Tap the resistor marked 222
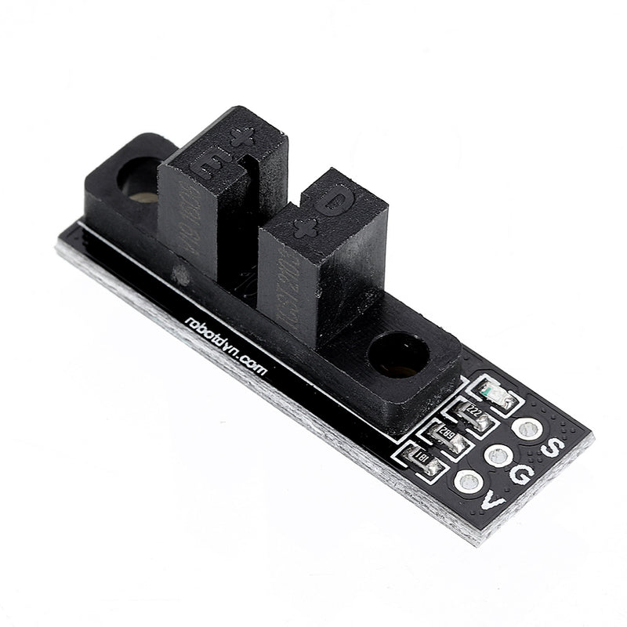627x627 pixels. click(x=473, y=414)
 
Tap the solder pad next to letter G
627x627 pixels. click(x=498, y=455)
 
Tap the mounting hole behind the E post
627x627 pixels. click(x=141, y=179)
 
